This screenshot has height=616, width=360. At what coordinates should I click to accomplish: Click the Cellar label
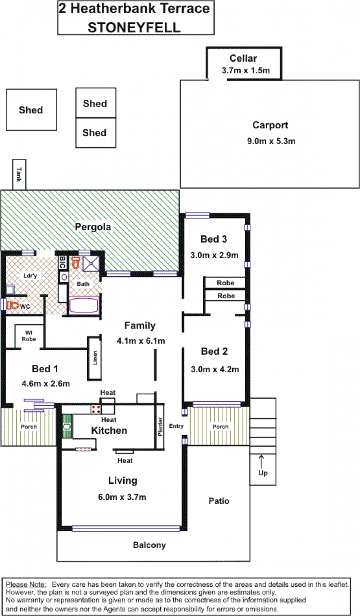[243, 58]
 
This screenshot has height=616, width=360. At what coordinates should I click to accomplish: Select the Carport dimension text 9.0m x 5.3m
[271, 141]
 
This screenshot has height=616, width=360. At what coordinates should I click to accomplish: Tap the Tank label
[19, 174]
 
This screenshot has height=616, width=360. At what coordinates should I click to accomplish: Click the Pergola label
[93, 227]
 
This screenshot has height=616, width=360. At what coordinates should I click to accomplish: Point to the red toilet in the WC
[13, 305]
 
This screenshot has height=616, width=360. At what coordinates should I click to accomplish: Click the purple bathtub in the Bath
[84, 305]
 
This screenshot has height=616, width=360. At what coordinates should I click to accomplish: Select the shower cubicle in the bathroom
[91, 263]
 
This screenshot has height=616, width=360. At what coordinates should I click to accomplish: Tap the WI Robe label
[29, 336]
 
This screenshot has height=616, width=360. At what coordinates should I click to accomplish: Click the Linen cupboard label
[95, 358]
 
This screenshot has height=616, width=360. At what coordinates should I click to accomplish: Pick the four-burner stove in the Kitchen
[96, 409]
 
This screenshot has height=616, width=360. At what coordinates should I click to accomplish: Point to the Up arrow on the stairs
[261, 462]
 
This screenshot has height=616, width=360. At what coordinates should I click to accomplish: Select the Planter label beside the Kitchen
[160, 427]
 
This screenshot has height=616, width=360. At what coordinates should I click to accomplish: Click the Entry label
[176, 426]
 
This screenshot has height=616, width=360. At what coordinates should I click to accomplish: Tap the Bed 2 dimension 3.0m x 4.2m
[215, 369]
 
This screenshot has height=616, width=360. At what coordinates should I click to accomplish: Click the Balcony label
[149, 545]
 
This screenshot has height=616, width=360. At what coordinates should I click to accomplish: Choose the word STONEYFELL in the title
[134, 27]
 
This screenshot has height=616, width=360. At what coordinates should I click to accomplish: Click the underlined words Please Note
[26, 585]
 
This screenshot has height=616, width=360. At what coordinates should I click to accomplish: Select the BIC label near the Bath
[63, 262]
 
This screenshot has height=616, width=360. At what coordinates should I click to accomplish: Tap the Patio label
[219, 501]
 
